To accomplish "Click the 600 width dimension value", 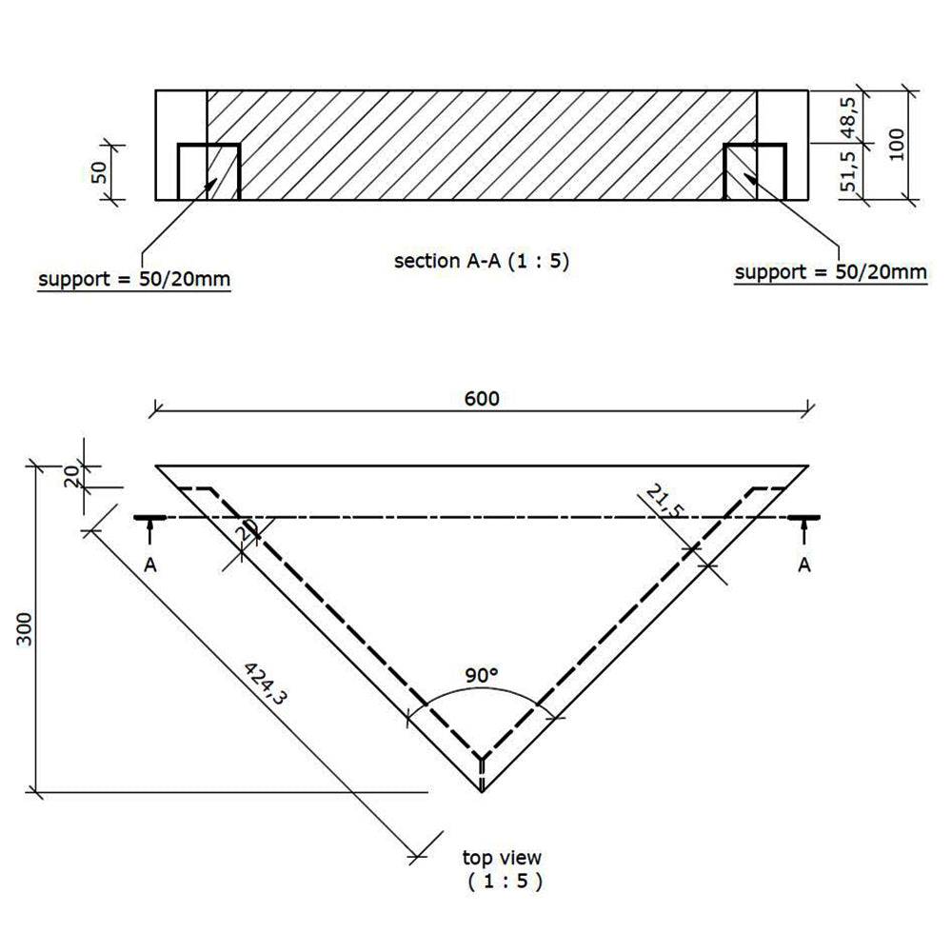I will click(x=482, y=398).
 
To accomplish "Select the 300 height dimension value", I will click(x=26, y=629).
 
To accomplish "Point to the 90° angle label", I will click(x=483, y=675).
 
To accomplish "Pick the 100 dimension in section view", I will click(x=896, y=144).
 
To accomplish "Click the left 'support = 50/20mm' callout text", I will click(x=134, y=280).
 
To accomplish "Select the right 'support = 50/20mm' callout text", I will click(x=831, y=272).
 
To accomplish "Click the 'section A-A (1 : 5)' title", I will click(x=482, y=261).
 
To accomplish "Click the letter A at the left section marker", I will click(x=150, y=565).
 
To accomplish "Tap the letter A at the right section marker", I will click(x=804, y=565).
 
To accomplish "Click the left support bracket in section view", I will click(x=208, y=170).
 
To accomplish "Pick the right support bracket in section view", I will click(x=755, y=170).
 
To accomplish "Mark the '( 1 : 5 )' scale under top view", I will click(x=505, y=882).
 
